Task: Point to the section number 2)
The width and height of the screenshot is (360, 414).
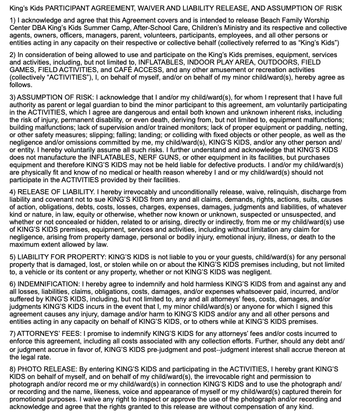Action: (x=14, y=54)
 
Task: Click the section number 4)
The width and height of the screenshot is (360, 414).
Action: (x=14, y=191)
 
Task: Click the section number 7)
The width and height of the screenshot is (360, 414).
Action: (x=14, y=334)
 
